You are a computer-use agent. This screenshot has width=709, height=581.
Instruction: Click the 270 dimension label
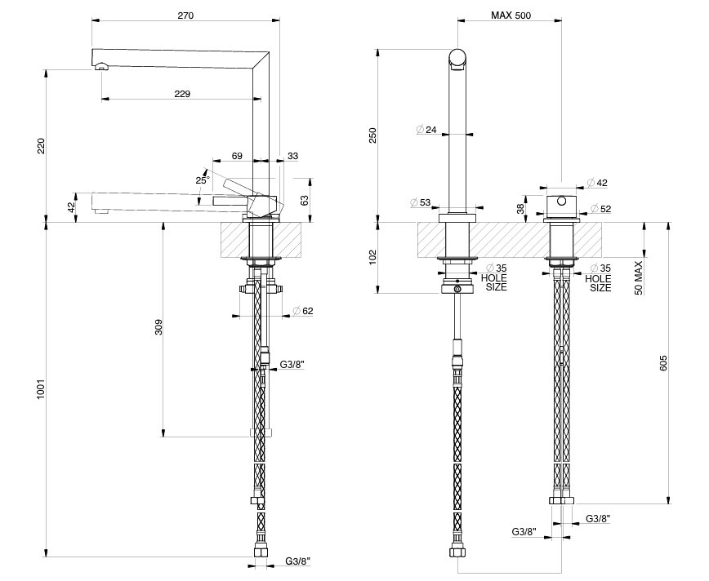coord(185,16)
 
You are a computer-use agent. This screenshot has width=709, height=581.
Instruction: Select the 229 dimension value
coord(182,94)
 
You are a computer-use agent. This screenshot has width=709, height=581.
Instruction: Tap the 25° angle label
coord(203,180)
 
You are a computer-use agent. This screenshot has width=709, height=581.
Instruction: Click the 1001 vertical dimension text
coord(41,388)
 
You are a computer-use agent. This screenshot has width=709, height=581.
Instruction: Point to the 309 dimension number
coord(158,327)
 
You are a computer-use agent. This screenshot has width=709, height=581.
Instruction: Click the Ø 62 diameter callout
coord(303,311)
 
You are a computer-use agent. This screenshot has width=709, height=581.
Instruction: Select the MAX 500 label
coord(511,16)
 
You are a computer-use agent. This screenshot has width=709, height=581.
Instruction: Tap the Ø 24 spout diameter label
coord(426,130)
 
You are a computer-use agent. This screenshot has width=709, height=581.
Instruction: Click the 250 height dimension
coord(372,135)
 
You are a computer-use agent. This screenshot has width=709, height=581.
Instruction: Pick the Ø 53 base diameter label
coord(421,202)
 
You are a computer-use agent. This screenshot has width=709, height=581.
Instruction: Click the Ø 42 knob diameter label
coord(597,183)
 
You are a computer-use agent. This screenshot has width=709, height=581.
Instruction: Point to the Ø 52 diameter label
coord(601,209)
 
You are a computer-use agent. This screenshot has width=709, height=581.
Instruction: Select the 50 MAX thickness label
coord(639,277)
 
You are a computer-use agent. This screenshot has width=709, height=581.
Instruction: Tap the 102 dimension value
coord(372,257)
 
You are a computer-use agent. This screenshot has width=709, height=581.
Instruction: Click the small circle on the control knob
coord(561,201)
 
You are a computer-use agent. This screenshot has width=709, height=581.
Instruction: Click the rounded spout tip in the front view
coord(458,60)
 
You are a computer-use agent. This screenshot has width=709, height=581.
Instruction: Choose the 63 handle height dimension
coord(305,200)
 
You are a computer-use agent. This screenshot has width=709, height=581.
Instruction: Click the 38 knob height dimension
coord(520,208)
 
